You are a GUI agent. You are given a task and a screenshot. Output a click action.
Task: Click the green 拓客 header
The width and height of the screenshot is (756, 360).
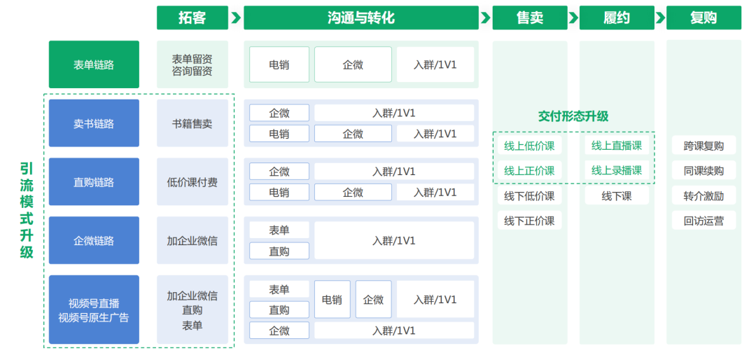coord(192,18)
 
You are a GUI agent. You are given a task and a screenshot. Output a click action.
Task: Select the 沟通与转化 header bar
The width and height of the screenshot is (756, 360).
coord(360,18)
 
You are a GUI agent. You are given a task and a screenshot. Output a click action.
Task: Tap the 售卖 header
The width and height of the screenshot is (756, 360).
coord(529,18)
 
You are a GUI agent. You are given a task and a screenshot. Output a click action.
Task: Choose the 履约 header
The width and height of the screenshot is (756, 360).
coord(616,18)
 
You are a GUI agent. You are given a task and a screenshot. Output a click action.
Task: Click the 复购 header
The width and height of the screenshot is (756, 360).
coord(703,18)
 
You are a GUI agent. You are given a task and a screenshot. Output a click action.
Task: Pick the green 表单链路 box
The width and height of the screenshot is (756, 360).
coord(94,64)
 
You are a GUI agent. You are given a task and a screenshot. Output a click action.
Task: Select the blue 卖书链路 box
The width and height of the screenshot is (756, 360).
coord(94,123)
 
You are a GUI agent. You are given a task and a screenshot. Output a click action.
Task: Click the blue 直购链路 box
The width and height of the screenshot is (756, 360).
coord(94,182)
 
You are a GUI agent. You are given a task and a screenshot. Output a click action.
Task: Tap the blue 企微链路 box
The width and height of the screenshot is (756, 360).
coord(94,240)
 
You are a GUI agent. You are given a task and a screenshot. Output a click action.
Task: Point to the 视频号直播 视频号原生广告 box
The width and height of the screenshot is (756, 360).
coord(94,310)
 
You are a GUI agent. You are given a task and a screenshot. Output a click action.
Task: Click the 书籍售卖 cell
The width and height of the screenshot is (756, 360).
coord(192,123)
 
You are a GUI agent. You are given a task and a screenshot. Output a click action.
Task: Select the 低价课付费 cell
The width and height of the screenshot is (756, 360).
coord(192,182)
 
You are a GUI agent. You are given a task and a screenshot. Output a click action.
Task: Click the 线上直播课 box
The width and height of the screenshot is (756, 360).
coord(616,146)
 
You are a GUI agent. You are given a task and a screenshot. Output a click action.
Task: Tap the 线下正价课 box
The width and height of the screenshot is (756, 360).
coord(529,221)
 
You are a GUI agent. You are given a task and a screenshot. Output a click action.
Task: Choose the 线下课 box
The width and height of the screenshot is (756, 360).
coord(616,196)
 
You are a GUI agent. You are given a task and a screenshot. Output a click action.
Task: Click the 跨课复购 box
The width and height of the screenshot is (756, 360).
coord(703,146)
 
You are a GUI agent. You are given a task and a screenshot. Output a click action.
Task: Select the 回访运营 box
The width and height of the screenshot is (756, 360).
coord(703,221)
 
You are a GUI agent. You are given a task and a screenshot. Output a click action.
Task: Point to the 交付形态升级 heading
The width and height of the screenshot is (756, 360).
coord(573,116)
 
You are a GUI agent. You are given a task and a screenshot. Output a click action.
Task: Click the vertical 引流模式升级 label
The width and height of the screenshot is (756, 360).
coord(27,210)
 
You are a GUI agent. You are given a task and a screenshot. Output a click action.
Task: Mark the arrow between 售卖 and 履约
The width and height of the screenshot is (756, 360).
coord(573,18)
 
